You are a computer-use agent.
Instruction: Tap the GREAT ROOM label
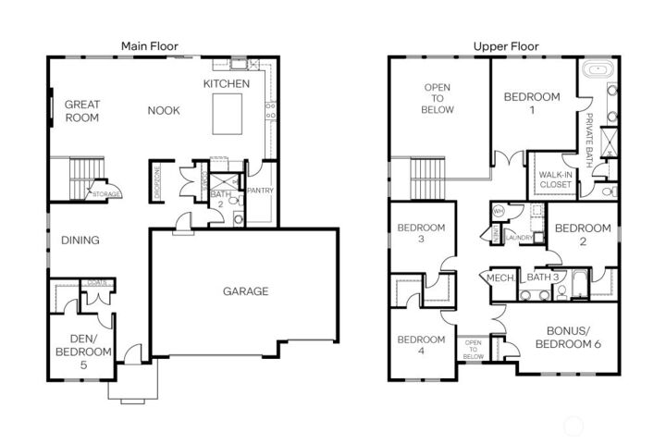coord(82,111)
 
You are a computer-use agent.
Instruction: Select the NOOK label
coord(163,111)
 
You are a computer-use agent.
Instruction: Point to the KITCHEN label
coord(227,84)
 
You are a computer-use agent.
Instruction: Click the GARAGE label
coord(245,291)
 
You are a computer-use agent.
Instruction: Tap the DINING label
coord(80,240)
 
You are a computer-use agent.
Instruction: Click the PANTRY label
coord(260,191)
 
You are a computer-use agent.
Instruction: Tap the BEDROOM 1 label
coord(532,103)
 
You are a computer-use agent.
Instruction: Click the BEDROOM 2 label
coord(583,234)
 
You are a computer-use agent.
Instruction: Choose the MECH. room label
coord(500,277)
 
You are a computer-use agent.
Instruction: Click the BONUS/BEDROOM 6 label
coord(573,337)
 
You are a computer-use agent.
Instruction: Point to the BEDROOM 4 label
coord(421,346)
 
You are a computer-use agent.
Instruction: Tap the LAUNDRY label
coord(520,237)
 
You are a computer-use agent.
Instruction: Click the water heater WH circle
coord(498,210)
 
